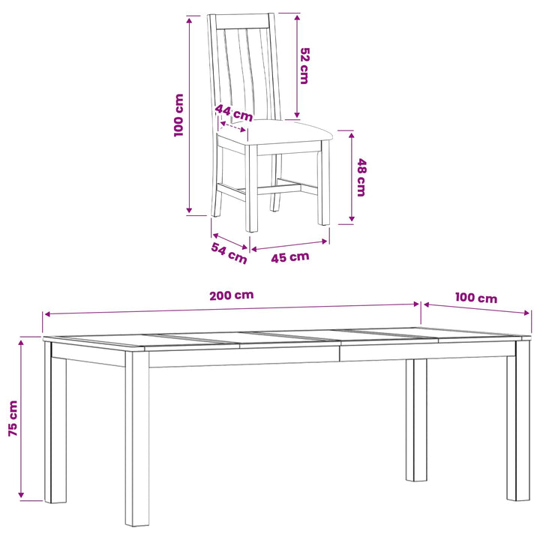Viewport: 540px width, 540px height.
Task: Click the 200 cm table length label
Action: [232, 295]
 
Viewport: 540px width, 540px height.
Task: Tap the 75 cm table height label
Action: [13, 418]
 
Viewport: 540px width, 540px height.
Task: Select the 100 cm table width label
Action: [476, 298]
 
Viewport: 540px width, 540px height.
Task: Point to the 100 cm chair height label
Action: [178, 115]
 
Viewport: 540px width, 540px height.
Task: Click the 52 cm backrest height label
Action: [304, 66]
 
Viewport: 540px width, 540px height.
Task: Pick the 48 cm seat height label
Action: [361, 177]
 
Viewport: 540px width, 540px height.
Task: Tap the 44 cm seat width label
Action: [234, 113]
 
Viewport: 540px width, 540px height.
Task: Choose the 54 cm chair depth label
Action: [229, 253]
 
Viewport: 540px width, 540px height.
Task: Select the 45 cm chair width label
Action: [290, 257]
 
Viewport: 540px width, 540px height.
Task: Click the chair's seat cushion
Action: [275, 133]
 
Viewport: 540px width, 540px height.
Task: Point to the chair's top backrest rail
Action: [242, 21]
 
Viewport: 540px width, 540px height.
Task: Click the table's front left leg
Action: [137, 439]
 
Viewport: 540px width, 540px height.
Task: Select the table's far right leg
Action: [518, 420]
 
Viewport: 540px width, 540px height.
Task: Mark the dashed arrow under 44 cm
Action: [233, 127]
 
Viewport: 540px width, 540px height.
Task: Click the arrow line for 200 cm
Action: [232, 309]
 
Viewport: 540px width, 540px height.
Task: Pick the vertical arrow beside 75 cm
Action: [21, 418]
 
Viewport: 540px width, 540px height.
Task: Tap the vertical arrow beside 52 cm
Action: [297, 66]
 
